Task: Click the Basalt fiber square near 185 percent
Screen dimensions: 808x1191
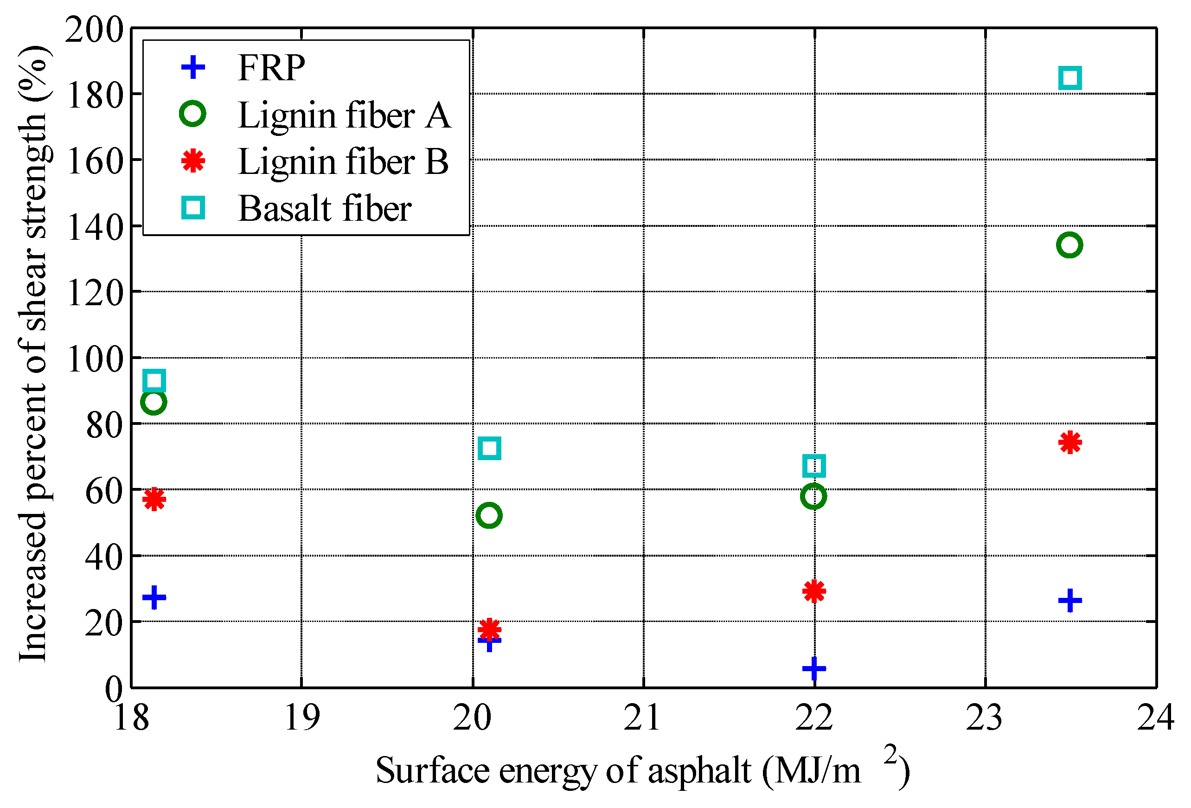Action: click(1069, 78)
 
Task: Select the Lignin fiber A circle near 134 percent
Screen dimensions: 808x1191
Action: click(1069, 244)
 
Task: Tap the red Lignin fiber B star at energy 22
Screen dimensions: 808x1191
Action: click(814, 591)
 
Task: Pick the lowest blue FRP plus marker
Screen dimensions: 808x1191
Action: click(814, 668)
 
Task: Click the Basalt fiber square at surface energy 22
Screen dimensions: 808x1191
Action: click(814, 466)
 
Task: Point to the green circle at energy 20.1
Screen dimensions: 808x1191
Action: click(489, 515)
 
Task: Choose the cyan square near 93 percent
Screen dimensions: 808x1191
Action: click(154, 380)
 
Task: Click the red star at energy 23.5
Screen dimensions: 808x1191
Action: click(1069, 442)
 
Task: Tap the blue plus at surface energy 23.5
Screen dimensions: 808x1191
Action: click(1069, 600)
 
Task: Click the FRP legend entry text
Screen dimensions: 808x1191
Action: click(271, 68)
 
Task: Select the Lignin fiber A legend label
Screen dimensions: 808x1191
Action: click(344, 115)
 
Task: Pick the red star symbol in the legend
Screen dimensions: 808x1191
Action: click(193, 161)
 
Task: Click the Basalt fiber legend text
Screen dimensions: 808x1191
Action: click(324, 209)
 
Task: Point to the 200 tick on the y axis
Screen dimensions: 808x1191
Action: click(94, 29)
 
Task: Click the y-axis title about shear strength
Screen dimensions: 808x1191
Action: click(33, 354)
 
